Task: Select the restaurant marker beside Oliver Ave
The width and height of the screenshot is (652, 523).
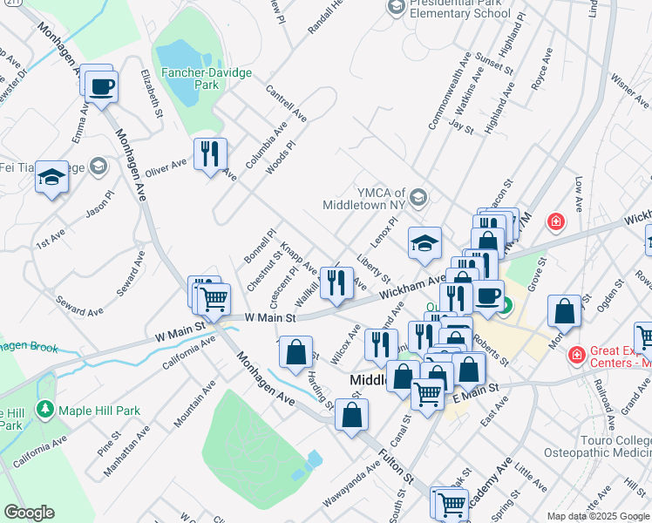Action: click(x=210, y=154)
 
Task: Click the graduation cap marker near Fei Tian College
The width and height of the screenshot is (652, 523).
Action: click(x=52, y=178)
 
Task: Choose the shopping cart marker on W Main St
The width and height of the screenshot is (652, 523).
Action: click(x=213, y=300)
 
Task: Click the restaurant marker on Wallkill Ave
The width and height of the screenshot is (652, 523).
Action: click(x=336, y=282)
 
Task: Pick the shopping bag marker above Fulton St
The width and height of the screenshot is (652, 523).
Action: click(x=351, y=416)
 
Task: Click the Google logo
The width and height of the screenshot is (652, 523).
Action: click(x=29, y=513)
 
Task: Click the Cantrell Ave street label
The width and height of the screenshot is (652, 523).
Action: click(x=286, y=103)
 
